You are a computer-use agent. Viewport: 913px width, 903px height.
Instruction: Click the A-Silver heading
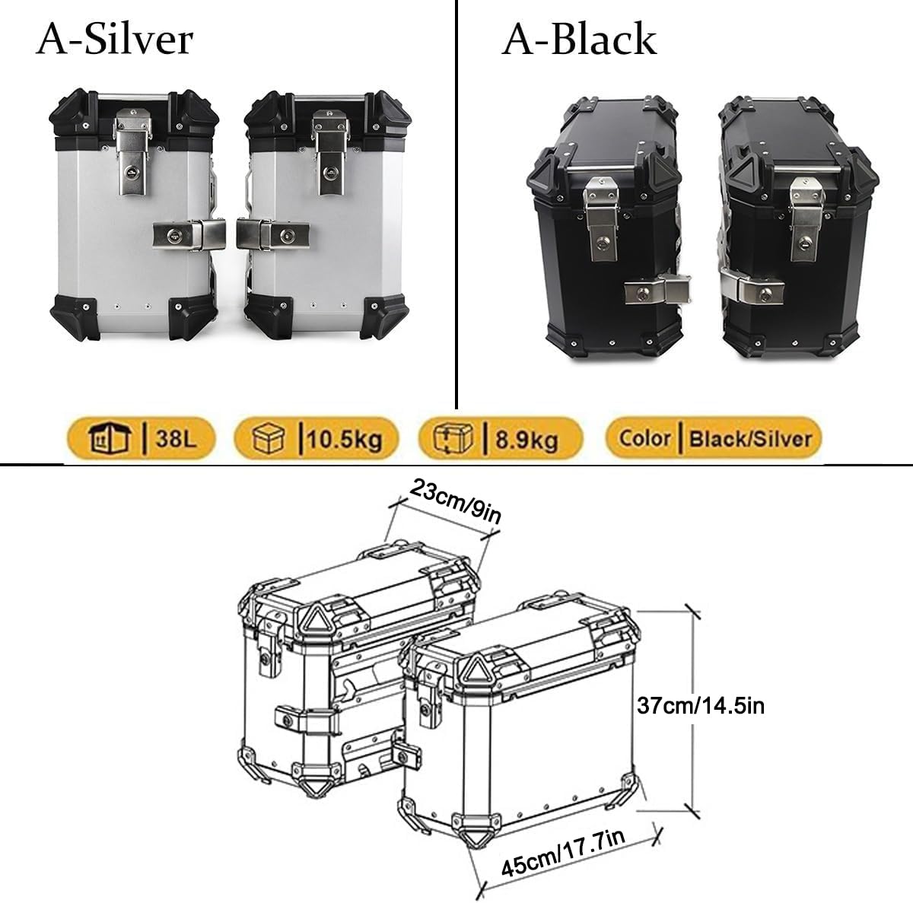[115, 40]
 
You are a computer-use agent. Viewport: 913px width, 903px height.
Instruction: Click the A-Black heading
[578, 40]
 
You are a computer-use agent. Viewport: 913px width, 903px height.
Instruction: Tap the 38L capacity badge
[140, 439]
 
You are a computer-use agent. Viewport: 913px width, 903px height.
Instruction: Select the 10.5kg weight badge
[316, 439]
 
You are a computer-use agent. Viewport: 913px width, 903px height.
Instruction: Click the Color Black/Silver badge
[714, 438]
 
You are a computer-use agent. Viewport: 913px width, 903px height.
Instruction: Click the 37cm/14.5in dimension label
[700, 706]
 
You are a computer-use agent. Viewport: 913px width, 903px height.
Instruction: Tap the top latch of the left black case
[601, 213]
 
